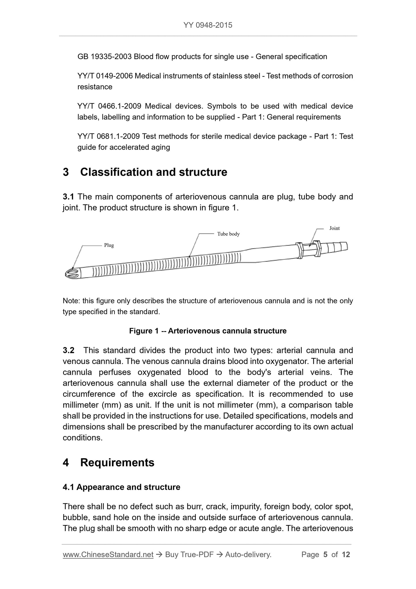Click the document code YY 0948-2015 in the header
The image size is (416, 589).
click(x=208, y=25)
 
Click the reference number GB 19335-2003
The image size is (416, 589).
click(x=105, y=57)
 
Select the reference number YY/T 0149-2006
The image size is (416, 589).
click(x=105, y=76)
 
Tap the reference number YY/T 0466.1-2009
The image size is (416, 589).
click(x=109, y=106)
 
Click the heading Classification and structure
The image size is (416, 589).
click(x=153, y=172)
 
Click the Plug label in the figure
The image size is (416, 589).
click(x=109, y=245)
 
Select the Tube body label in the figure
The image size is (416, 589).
click(x=228, y=234)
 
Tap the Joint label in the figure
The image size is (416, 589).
click(x=334, y=228)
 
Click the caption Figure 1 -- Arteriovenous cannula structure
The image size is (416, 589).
click(x=208, y=331)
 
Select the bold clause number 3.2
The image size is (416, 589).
click(x=69, y=350)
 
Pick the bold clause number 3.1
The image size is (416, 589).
click(x=68, y=197)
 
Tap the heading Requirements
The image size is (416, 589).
click(x=117, y=462)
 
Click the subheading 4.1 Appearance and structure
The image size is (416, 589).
click(x=121, y=487)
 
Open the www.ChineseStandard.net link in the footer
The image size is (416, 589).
click(x=108, y=555)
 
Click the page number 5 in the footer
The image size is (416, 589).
click(x=325, y=555)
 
